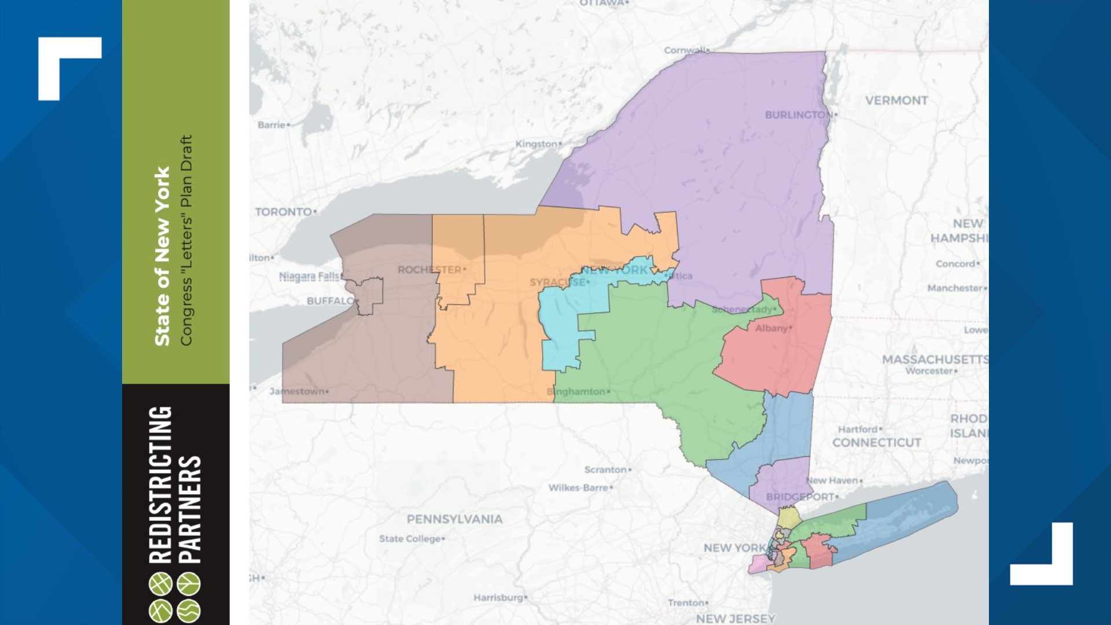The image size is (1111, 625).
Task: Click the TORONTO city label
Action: point(284,212)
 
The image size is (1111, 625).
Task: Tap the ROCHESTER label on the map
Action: point(429,270)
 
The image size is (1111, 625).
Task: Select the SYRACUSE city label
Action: point(557,282)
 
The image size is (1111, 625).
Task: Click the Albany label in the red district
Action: point(771,328)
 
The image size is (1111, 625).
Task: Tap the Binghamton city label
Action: point(576,392)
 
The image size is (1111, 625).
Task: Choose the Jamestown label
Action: point(297,392)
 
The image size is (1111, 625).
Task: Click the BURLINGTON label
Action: point(799,115)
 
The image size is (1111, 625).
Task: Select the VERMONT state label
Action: point(896,101)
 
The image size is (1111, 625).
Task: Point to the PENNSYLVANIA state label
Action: point(454,519)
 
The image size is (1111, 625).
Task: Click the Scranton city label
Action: point(605,470)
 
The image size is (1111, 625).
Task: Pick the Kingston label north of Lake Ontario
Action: point(536,144)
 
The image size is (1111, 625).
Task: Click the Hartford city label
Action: point(858,429)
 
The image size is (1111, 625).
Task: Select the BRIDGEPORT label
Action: point(800,497)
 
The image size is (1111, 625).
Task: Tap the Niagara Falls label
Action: point(310,276)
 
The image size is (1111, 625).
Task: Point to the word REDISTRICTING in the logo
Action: point(160,485)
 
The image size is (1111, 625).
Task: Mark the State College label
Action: point(410,539)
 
